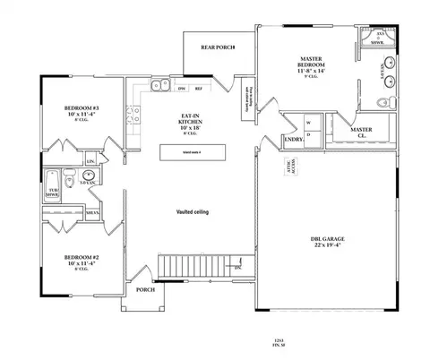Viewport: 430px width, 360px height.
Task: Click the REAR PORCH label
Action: coord(218,47)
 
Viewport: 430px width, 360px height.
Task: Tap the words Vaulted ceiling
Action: coord(193,210)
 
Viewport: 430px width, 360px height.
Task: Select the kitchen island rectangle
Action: coord(192,153)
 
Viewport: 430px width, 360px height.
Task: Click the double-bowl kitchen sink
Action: coord(159,87)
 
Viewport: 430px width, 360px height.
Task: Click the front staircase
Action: coord(197,264)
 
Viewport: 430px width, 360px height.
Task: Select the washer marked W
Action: coord(308,121)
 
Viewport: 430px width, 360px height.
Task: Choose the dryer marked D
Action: coord(308,134)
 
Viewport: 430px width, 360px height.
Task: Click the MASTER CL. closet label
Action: coord(361,133)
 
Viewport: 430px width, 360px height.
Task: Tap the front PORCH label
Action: coord(145,290)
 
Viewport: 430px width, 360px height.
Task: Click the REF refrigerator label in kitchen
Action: coord(198,90)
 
